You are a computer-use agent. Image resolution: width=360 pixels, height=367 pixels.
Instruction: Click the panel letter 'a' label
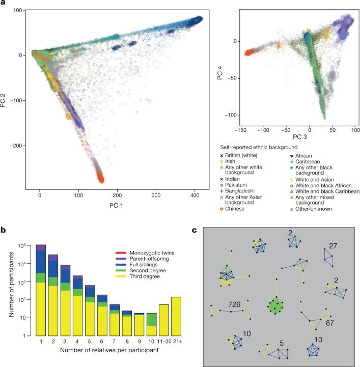(4, 4)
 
